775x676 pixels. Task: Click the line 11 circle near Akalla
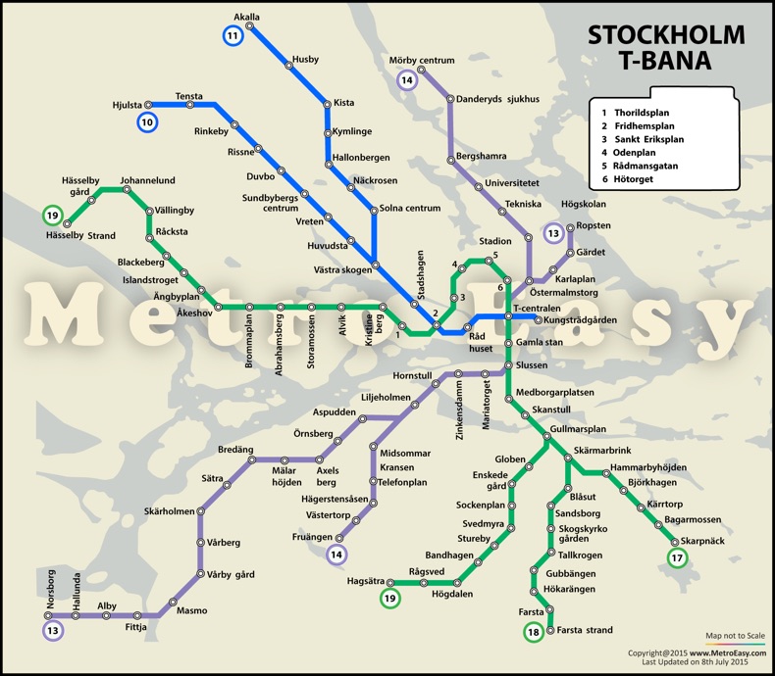pyautogui.click(x=232, y=36)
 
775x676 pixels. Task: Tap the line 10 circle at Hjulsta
pyautogui.click(x=147, y=122)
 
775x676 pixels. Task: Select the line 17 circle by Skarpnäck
pyautogui.click(x=677, y=558)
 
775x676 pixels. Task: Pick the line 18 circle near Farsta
pyautogui.click(x=533, y=633)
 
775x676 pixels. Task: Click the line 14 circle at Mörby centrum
pyautogui.click(x=408, y=80)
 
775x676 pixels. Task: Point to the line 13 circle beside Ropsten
pyautogui.click(x=554, y=233)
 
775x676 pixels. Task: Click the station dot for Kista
pyautogui.click(x=327, y=103)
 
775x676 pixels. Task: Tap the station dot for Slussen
pyautogui.click(x=508, y=365)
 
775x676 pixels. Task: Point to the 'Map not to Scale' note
pyautogui.click(x=735, y=635)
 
